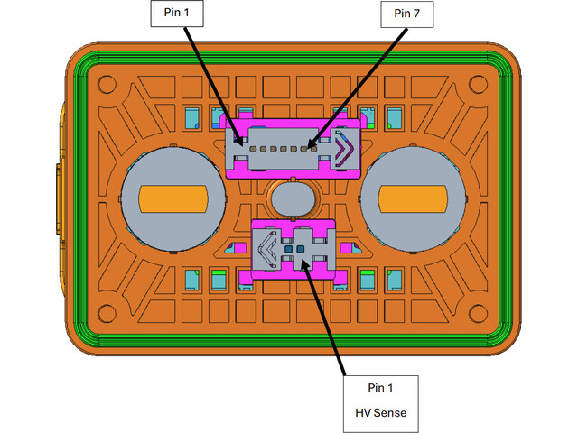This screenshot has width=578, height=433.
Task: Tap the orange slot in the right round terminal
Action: (412, 196)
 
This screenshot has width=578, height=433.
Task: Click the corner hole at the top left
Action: (106, 86)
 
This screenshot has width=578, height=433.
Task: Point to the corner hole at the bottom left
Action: (106, 313)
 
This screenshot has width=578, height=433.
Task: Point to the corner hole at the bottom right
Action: (480, 313)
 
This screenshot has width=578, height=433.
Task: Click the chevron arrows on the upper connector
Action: (343, 148)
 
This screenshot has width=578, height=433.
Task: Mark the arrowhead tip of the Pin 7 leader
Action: (309, 145)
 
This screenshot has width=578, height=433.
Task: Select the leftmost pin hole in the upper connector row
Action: (253, 146)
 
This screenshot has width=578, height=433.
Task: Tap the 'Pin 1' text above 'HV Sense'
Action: (381, 388)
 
